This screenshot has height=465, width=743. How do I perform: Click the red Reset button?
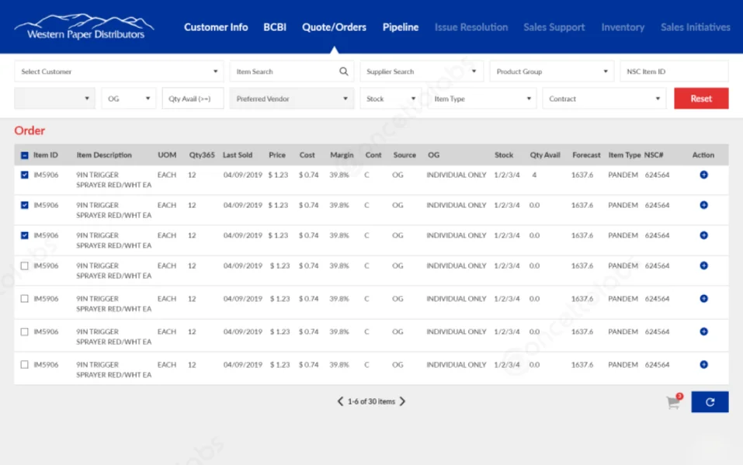tap(700, 99)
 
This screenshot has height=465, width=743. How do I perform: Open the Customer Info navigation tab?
tap(216, 27)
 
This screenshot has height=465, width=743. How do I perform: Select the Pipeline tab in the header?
tap(400, 27)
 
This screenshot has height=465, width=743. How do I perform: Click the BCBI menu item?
tap(275, 27)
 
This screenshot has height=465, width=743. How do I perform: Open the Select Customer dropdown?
tap(119, 71)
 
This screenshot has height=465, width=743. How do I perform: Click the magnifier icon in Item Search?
tap(343, 71)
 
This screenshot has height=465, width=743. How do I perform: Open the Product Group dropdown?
tap(551, 71)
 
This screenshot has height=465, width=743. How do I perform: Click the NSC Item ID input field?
tap(673, 71)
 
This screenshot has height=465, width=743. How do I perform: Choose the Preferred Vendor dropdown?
tap(291, 99)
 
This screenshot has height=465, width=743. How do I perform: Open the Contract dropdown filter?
tap(604, 99)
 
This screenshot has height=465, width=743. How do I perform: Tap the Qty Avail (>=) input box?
tap(193, 99)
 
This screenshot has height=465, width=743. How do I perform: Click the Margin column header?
tap(342, 155)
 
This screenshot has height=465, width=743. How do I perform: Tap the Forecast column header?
tap(586, 155)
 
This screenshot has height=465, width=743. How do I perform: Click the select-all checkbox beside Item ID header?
tap(25, 155)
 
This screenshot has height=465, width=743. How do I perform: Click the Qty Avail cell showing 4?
tap(534, 175)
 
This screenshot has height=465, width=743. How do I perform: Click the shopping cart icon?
tap(672, 402)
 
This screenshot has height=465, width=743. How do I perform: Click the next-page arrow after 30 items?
tap(402, 401)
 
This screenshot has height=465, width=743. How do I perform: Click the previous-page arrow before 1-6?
tap(340, 401)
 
